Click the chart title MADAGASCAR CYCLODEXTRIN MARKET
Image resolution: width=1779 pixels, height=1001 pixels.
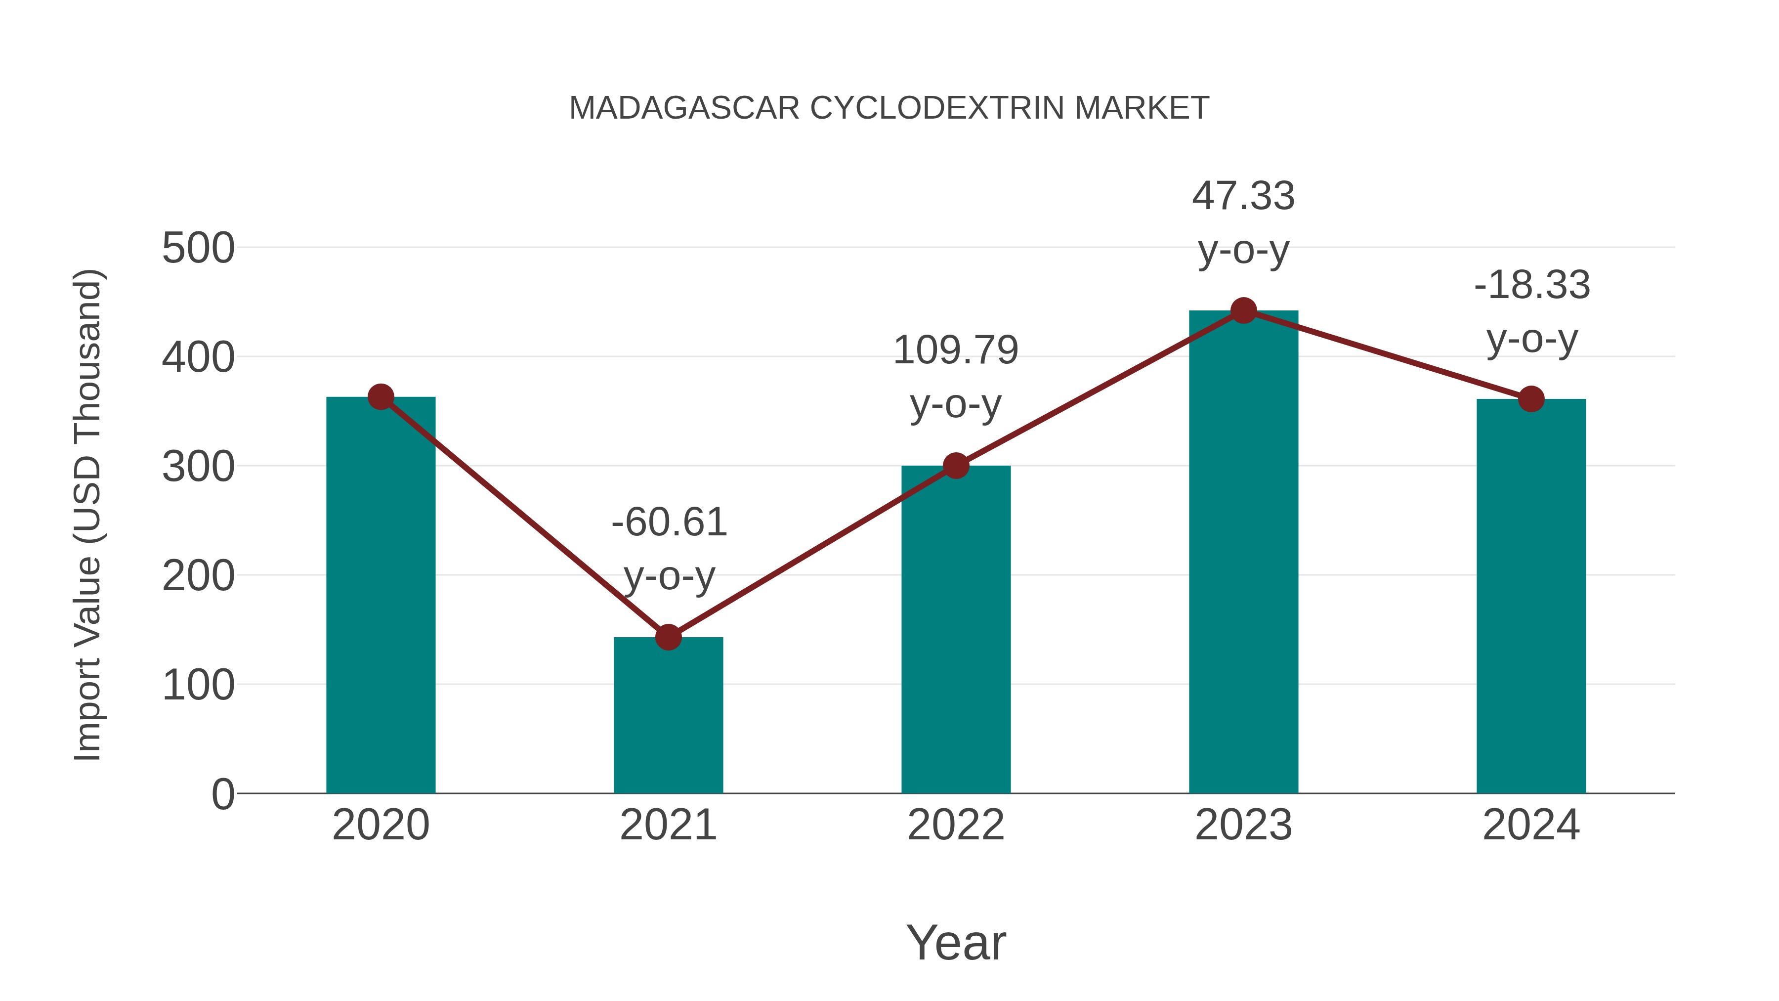click(889, 108)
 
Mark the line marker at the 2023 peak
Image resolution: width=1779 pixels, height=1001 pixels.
click(1243, 311)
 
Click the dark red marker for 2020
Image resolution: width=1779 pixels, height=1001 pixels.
click(381, 397)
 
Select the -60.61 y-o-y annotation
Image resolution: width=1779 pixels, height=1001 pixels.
click(669, 549)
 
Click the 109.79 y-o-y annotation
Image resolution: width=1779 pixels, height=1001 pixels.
click(956, 377)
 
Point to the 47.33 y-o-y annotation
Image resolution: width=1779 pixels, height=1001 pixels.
click(1243, 222)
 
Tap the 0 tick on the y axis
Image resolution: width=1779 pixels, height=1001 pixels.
click(222, 794)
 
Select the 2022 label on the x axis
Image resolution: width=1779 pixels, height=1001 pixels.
click(956, 825)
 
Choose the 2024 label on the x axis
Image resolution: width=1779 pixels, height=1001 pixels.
click(1531, 825)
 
